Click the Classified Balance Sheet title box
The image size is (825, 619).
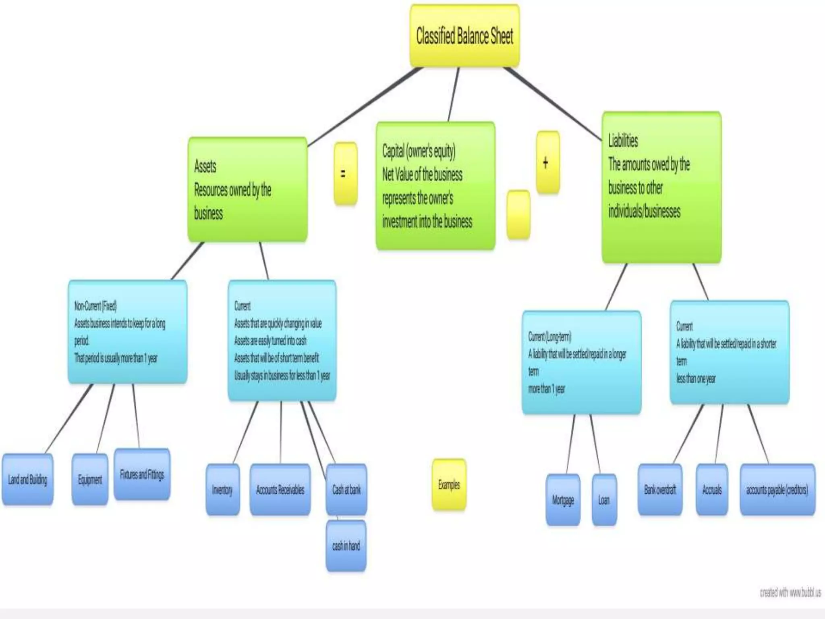[464, 36]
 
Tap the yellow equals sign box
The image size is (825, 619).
[345, 173]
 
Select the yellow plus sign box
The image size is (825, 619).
[547, 162]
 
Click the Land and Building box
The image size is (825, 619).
[27, 479]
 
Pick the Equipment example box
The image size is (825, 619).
[90, 479]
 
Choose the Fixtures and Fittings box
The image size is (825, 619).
[142, 474]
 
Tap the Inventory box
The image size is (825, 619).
[222, 490]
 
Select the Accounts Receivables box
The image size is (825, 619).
[280, 490]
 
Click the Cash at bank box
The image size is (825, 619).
[346, 490]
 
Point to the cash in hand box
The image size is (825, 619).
[346, 546]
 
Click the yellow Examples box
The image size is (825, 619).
[449, 484]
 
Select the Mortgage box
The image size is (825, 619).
[563, 500]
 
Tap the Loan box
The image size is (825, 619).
[604, 500]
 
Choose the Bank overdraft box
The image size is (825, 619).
[660, 490]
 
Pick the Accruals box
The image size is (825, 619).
[712, 490]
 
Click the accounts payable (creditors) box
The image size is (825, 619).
[777, 490]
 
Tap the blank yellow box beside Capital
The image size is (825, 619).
[518, 214]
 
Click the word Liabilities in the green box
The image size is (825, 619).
[623, 141]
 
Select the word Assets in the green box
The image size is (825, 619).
[205, 166]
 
